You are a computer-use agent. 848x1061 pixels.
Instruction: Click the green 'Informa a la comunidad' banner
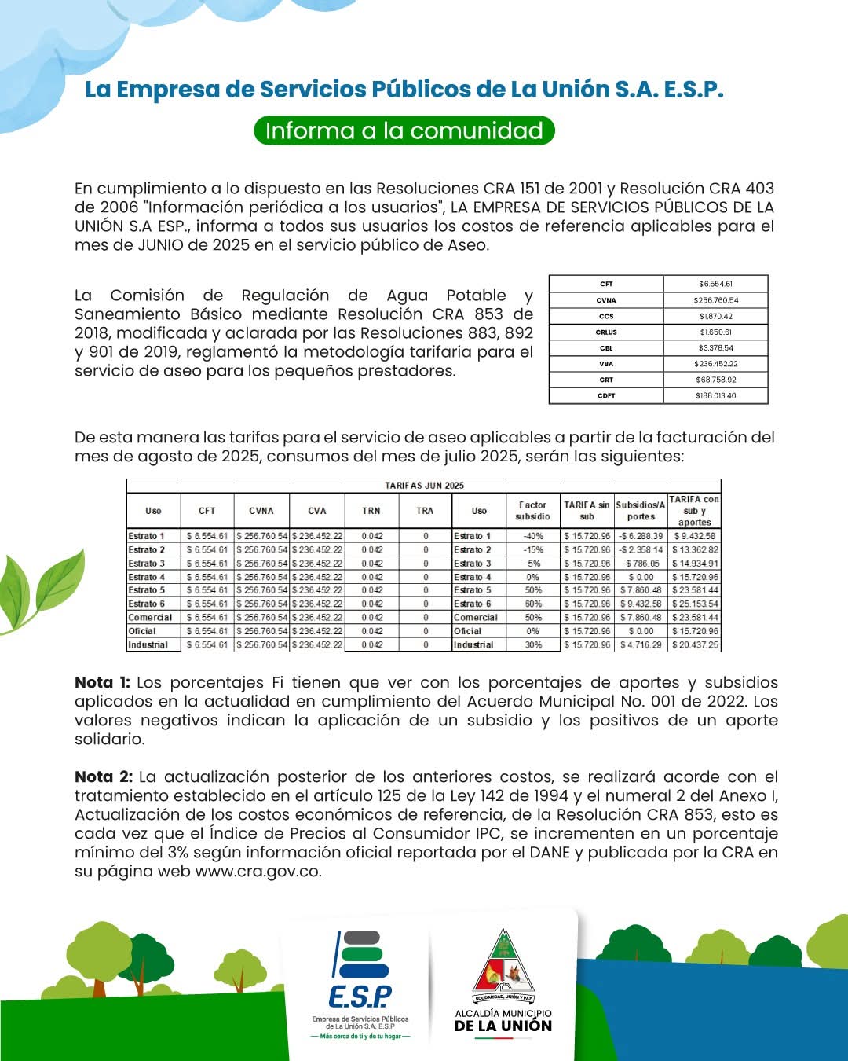tap(404, 130)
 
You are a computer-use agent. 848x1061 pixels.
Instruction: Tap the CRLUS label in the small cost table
tap(606, 332)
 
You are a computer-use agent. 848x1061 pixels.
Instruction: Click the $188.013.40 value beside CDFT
tap(715, 396)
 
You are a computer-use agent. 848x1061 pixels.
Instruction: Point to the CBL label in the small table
tap(606, 348)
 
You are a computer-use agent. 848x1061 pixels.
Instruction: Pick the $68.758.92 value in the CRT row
tap(715, 380)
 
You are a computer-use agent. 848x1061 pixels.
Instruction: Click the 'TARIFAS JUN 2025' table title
tap(424, 486)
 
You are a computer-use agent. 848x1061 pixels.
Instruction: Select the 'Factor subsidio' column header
tap(532, 511)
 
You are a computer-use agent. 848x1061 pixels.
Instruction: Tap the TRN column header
tap(371, 511)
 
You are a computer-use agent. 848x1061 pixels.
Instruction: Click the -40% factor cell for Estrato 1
tap(533, 536)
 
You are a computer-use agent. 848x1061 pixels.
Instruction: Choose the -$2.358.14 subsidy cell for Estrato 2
tap(641, 550)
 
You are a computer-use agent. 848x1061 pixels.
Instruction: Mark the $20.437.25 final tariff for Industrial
tap(695, 645)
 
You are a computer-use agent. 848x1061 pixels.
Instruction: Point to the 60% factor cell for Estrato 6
tap(533, 604)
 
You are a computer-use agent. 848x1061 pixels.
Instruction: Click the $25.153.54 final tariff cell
tap(695, 604)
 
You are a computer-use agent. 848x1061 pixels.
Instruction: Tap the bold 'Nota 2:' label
tap(104, 776)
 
